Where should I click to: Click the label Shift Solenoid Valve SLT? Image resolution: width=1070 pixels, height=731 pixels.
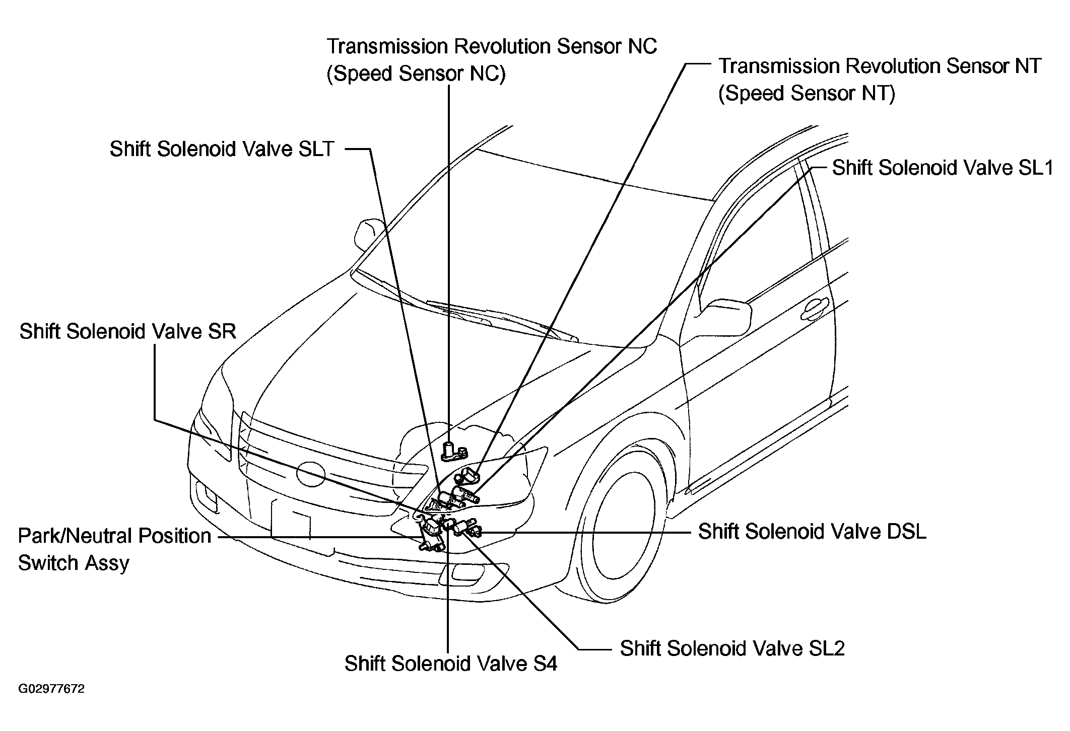222,149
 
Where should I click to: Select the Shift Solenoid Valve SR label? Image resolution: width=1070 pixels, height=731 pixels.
128,332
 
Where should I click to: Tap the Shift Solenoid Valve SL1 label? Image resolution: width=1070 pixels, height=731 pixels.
943,168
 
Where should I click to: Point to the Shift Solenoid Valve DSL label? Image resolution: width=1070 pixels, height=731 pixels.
812,532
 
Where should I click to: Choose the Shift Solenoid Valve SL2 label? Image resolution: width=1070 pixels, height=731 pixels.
732,648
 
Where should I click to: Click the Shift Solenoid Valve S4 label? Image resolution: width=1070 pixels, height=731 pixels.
451,664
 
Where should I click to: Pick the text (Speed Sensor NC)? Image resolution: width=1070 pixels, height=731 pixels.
416,74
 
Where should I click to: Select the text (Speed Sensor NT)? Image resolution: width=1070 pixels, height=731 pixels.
807,93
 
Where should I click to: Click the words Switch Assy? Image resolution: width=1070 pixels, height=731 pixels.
74,563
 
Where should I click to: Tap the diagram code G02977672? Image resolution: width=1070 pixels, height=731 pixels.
52,689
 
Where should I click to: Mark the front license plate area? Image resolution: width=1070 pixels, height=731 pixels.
291,520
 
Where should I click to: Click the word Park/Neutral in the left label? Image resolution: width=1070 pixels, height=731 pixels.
114,536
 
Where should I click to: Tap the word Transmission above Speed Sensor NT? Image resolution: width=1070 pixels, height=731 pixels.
778,66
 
